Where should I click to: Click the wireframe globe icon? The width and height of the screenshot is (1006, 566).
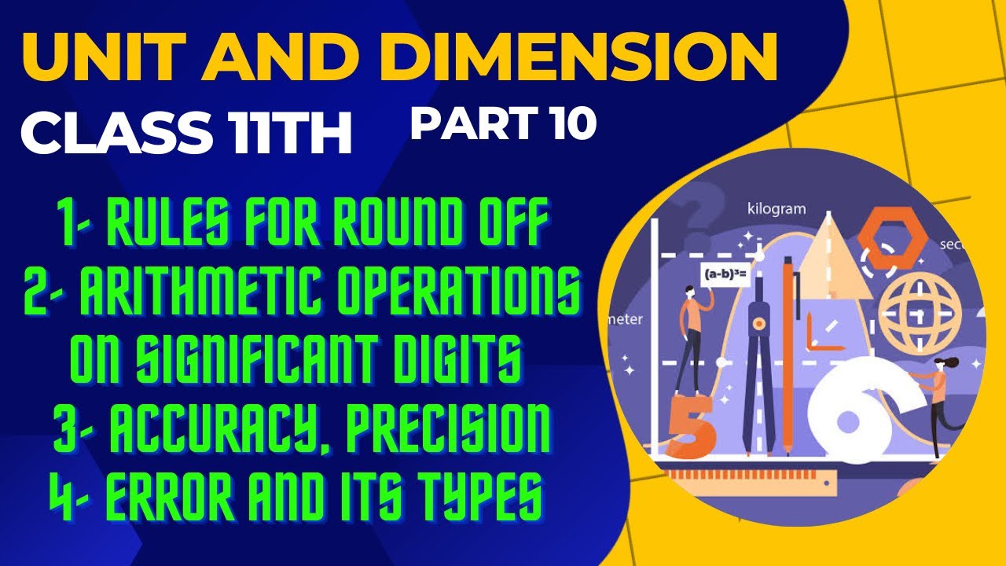coord(920,310)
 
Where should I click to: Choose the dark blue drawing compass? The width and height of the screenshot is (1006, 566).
coord(757,354)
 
